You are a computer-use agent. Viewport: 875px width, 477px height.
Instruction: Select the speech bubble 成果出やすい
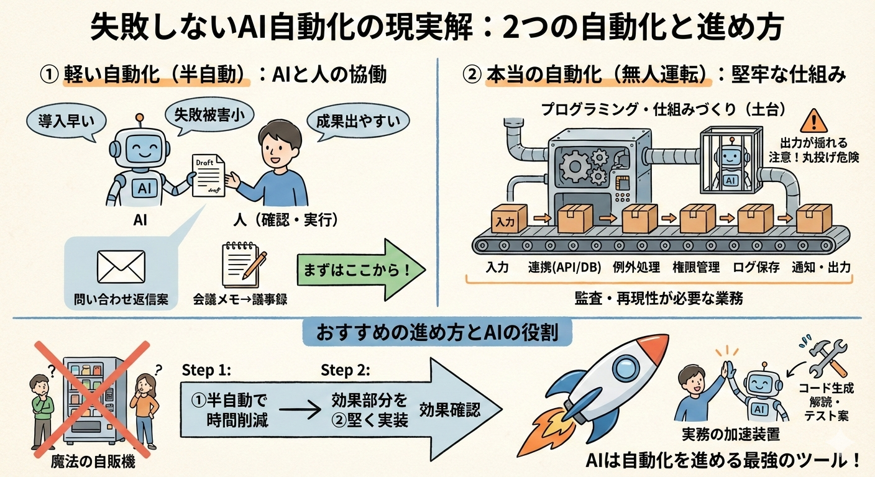pos(359,120)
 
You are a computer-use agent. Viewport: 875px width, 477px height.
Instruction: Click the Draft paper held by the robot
pos(208,175)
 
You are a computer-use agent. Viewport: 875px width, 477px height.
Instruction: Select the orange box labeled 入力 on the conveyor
pos(508,219)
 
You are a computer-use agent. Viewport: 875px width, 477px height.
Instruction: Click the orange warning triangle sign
pos(812,120)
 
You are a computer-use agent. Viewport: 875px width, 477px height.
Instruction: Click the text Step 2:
pos(346,371)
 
